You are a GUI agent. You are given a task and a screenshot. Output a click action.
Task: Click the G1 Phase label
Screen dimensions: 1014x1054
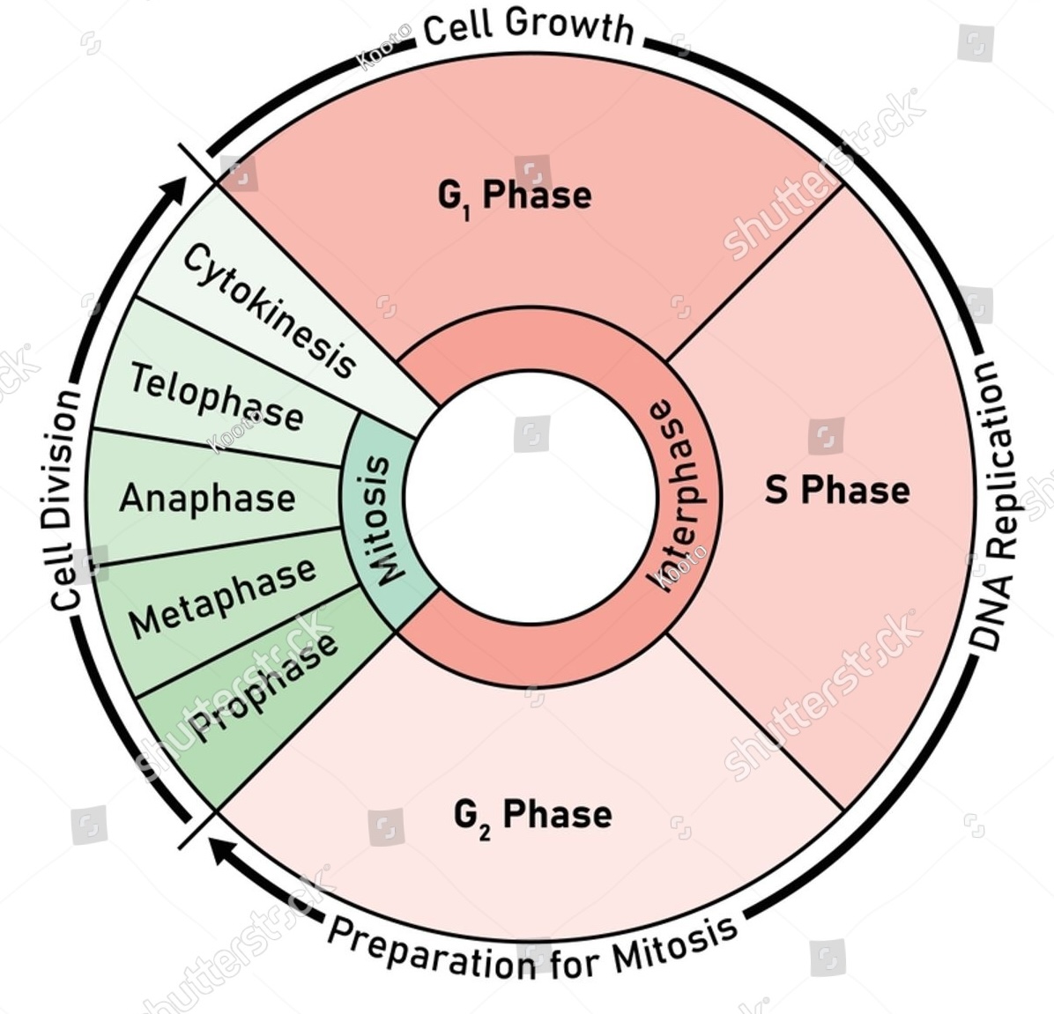[x=515, y=196]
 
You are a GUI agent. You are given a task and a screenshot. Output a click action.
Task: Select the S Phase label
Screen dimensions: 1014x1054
[x=836, y=490]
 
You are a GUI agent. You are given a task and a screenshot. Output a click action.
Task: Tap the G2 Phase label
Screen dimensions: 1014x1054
[x=532, y=815]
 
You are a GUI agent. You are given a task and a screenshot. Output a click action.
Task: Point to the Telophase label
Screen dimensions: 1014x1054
[x=216, y=396]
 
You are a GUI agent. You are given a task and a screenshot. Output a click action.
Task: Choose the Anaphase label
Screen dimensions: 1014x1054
[x=207, y=498]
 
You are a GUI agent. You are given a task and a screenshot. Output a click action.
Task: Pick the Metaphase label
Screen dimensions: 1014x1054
[x=222, y=598]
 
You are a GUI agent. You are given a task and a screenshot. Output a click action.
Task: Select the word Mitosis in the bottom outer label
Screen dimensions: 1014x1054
[x=677, y=943]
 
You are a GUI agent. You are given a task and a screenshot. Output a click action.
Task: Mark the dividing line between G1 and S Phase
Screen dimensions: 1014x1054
[x=755, y=274]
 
